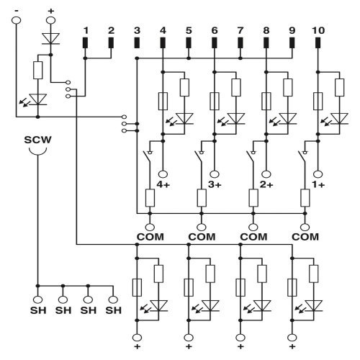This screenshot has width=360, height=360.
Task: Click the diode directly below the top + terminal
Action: pyautogui.click(x=50, y=37)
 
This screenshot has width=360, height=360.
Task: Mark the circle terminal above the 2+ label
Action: pyautogui.click(x=266, y=173)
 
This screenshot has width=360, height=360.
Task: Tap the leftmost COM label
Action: pyautogui.click(x=150, y=236)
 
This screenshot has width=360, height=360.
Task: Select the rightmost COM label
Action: pyautogui.click(x=305, y=236)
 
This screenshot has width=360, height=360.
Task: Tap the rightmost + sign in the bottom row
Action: pyautogui.click(x=292, y=347)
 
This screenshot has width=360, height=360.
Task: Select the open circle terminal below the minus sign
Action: pyautogui.click(x=17, y=19)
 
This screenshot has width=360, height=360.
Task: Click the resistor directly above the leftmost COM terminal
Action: pyautogui.click(x=150, y=197)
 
